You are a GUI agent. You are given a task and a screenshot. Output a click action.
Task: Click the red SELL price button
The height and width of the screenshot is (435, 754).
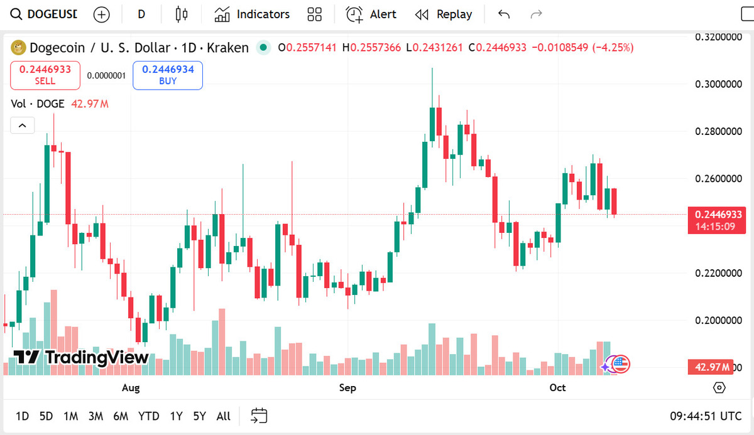click(x=45, y=75)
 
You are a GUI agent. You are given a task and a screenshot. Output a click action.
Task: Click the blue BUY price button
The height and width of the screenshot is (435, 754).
click(x=168, y=75)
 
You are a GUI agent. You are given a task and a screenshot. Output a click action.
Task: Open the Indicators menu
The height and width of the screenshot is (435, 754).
click(x=252, y=14)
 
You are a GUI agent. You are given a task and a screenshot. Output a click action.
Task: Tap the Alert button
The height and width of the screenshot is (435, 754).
click(x=371, y=14)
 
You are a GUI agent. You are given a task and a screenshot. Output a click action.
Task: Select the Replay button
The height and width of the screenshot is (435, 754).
click(x=444, y=14)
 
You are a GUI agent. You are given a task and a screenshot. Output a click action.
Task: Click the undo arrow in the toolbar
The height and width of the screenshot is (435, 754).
click(x=503, y=14)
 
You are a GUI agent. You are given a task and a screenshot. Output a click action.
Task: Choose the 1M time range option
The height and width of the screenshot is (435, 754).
click(x=70, y=416)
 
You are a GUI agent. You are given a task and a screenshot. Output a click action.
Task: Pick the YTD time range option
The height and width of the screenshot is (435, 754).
click(x=148, y=416)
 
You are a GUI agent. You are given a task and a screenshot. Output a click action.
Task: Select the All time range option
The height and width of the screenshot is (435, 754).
click(x=223, y=416)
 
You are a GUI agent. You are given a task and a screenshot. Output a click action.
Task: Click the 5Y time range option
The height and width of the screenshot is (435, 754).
click(x=200, y=416)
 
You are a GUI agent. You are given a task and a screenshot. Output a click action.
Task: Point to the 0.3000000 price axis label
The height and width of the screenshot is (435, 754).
click(x=719, y=84)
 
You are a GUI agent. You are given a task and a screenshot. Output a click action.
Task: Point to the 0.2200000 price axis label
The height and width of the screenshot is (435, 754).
click(x=719, y=273)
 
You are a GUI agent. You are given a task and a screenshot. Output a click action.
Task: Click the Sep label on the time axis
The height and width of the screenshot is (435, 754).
click(x=347, y=388)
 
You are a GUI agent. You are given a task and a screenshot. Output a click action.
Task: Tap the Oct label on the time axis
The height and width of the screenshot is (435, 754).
click(x=557, y=388)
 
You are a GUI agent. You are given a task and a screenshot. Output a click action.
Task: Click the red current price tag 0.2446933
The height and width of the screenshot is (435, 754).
click(x=718, y=215)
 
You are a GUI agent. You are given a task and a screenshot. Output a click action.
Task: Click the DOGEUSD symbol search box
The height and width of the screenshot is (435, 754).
click(x=44, y=14)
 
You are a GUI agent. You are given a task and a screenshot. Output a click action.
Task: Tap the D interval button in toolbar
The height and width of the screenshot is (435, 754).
click(x=141, y=14)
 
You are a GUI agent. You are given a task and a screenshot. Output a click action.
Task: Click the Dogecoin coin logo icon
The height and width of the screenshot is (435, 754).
click(x=18, y=48)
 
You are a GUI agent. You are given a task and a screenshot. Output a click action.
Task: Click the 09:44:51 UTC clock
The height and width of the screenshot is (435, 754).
click(x=705, y=416)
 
